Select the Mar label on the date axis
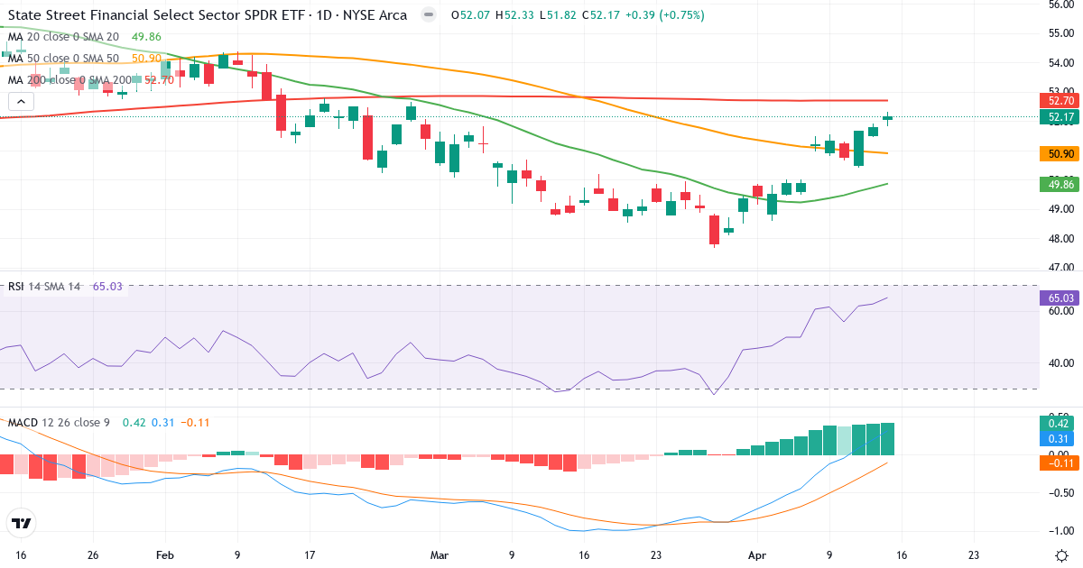click(x=440, y=555)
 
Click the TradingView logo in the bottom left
click(x=22, y=523)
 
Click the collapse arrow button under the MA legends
click(x=20, y=102)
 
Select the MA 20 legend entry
click(x=63, y=37)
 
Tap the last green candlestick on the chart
click(x=887, y=117)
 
